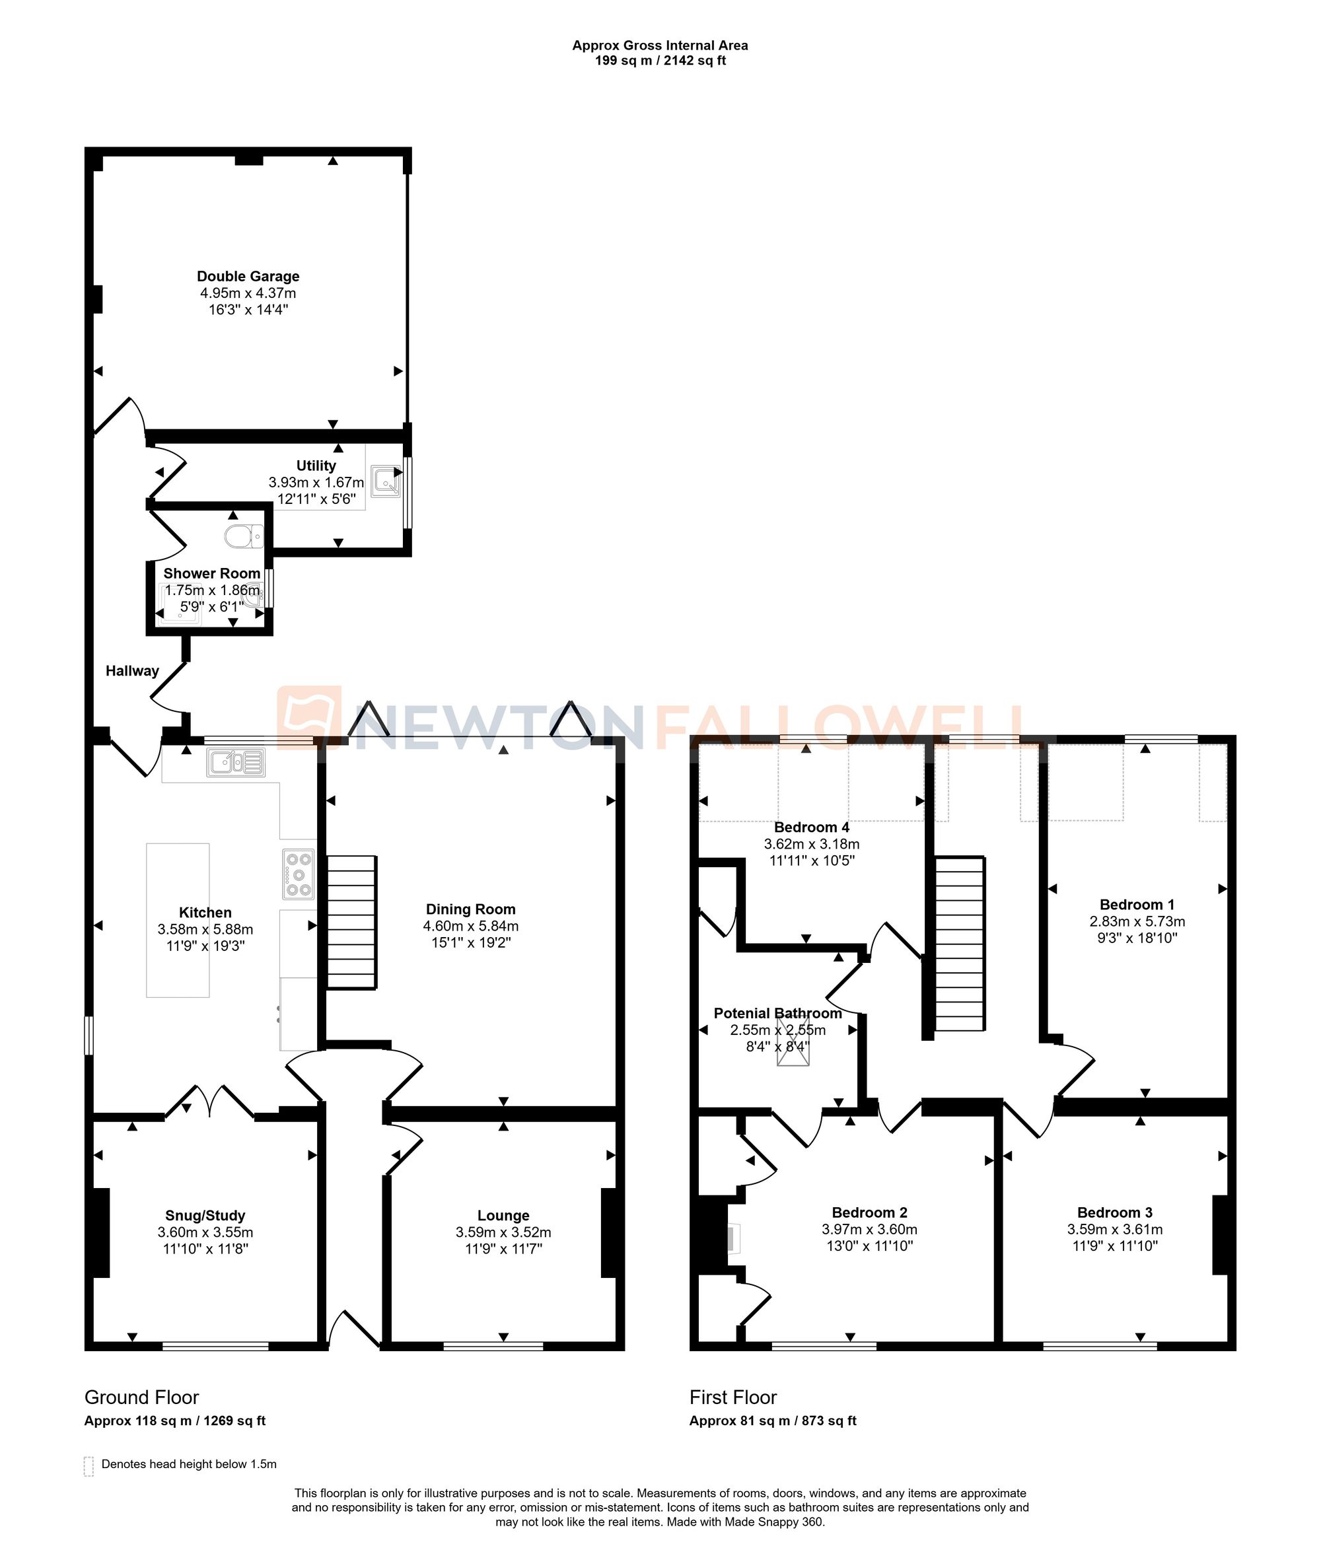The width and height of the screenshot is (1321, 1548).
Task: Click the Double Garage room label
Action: pos(248,277)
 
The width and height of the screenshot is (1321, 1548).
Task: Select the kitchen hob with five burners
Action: pos(299,874)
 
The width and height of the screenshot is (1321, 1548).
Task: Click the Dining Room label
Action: pos(471,909)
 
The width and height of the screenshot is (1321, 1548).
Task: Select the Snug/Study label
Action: pos(205,1216)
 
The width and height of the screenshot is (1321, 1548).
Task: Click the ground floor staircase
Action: pos(351,922)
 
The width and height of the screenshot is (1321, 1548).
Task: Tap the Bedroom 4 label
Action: pos(812,827)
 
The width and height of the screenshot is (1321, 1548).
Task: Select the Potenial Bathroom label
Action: pos(778,1013)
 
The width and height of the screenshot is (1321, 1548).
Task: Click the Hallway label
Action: pos(132,671)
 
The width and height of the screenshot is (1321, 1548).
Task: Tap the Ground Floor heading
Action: pos(141,1397)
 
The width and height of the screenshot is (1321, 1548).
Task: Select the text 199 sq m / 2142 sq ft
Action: pos(660,61)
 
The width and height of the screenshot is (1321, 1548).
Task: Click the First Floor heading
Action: pos(733,1397)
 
